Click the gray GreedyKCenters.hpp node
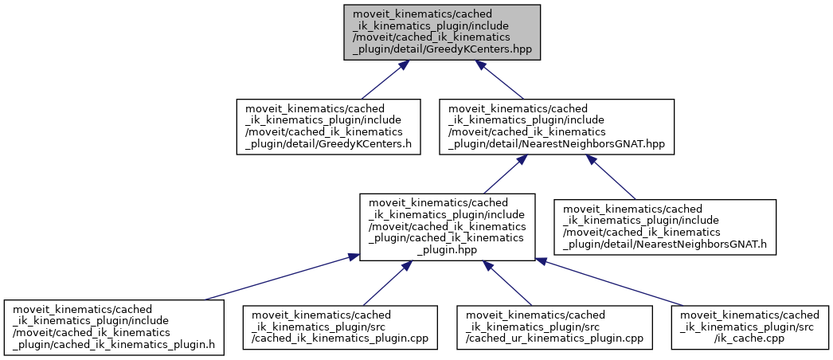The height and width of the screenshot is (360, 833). point(442,32)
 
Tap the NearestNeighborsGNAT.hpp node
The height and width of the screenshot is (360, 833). point(557,127)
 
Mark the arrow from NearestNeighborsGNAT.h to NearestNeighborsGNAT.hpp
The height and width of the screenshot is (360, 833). point(613,177)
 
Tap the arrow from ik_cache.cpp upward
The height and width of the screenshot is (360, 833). point(610,282)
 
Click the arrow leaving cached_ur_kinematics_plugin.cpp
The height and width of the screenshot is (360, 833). point(513,283)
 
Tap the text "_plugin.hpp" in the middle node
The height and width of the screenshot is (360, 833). point(446,249)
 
